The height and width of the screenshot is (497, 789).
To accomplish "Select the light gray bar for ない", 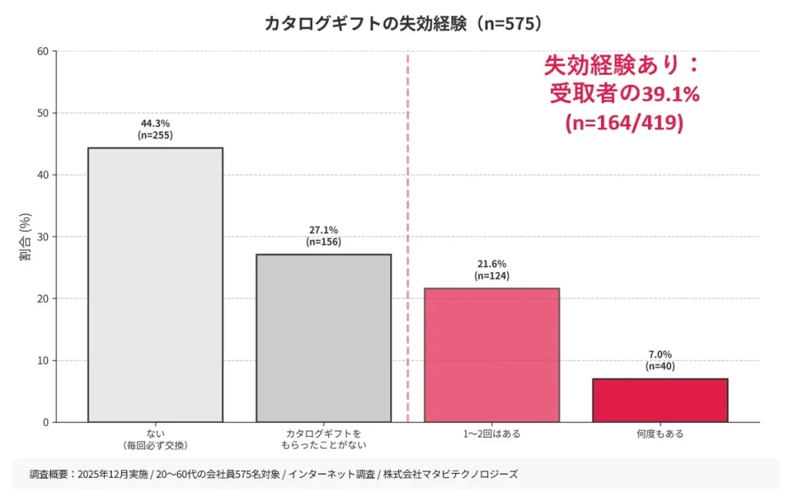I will tap(155, 284).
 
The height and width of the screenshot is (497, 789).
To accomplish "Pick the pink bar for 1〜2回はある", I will tap(492, 354).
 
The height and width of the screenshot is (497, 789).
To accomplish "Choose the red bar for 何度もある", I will tap(660, 400).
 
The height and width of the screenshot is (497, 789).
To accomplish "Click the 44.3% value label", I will tap(155, 123).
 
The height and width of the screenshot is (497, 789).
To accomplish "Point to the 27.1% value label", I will tap(323, 230).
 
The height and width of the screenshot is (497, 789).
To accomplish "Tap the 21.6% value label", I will tap(492, 264).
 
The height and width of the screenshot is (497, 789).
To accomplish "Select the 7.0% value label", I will tap(660, 354).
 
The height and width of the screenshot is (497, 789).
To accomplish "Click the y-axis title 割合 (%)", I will tap(25, 237).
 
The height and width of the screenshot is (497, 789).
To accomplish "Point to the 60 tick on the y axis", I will tap(42, 52).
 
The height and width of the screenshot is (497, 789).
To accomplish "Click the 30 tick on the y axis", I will tap(42, 237).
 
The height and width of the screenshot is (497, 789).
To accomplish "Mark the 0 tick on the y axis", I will tap(45, 422).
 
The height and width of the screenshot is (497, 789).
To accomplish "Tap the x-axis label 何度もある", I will tap(660, 434).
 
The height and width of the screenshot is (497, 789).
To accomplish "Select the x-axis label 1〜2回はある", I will tap(492, 434).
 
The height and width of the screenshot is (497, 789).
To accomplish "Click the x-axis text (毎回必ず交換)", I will tap(155, 445).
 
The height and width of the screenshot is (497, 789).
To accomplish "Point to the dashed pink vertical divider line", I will tap(408, 231).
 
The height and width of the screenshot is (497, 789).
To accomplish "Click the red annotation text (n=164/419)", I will tap(623, 123).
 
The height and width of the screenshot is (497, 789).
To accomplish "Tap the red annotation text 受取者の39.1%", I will tap(623, 94).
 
